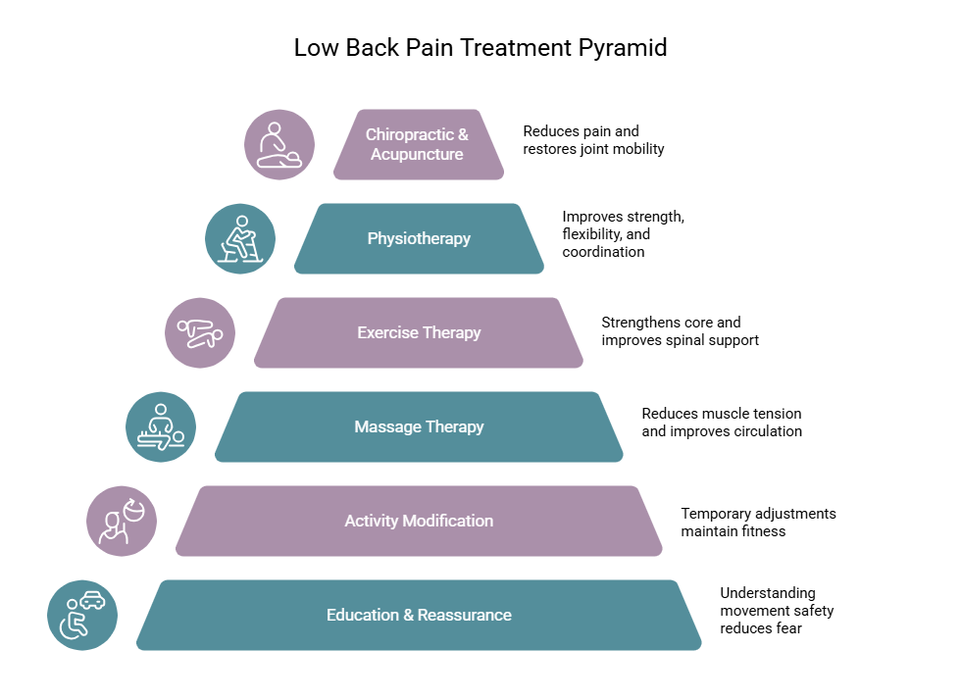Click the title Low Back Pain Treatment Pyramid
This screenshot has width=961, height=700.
tap(480, 48)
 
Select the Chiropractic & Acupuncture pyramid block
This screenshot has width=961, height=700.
tap(419, 144)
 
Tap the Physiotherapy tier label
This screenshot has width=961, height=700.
tap(419, 238)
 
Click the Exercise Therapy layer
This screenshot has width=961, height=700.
tap(419, 332)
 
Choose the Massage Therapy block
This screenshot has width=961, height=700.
tap(419, 426)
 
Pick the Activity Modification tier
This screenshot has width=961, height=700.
tap(419, 521)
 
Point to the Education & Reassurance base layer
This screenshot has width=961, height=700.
tap(419, 615)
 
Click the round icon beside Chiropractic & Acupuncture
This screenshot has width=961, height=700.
tap(279, 144)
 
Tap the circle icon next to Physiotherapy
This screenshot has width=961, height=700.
tap(240, 238)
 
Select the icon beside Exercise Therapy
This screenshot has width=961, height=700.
tap(200, 332)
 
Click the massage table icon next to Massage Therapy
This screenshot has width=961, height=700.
tap(161, 426)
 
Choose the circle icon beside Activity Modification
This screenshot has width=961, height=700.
tap(122, 521)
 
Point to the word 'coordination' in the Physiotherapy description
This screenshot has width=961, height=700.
tap(603, 252)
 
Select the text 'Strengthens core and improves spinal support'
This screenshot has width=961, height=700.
tap(680, 331)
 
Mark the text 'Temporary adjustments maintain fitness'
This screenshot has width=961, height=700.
tap(758, 523)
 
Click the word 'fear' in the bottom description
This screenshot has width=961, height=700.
tap(787, 628)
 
